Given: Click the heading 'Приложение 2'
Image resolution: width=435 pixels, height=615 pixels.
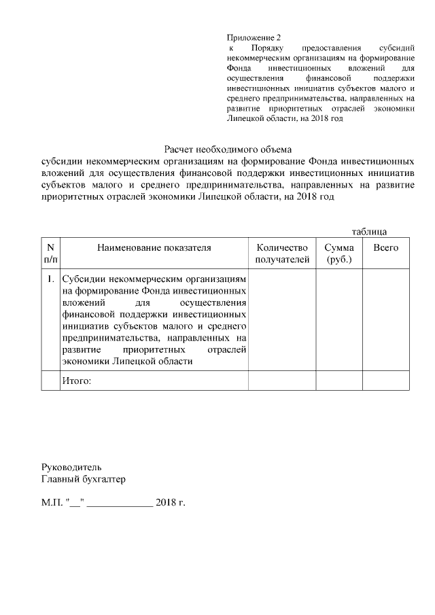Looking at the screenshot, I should [x=253, y=38].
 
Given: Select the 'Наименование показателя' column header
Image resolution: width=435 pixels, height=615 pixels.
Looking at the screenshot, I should [x=154, y=248].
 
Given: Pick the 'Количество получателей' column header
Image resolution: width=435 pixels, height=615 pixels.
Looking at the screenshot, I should [x=281, y=253].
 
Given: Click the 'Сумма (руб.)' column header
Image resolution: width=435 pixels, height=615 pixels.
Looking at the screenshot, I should [x=338, y=253].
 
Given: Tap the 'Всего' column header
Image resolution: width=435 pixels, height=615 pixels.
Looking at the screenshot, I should [x=385, y=248].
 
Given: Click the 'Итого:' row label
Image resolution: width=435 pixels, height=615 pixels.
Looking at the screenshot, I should [x=76, y=381].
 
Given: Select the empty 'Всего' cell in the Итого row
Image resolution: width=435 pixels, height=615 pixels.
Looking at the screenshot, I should [x=385, y=381].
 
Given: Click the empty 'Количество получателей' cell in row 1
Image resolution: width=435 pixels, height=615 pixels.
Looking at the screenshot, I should [x=281, y=319].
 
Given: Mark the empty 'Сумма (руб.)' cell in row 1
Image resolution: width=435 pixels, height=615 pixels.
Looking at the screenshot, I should [x=338, y=319].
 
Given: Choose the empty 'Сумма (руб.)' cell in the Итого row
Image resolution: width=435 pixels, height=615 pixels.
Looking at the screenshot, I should [x=338, y=381].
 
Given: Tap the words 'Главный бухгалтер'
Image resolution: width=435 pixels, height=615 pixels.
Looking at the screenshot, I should [x=83, y=479].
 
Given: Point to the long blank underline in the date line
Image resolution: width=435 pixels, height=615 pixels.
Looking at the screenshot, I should [x=120, y=506].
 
